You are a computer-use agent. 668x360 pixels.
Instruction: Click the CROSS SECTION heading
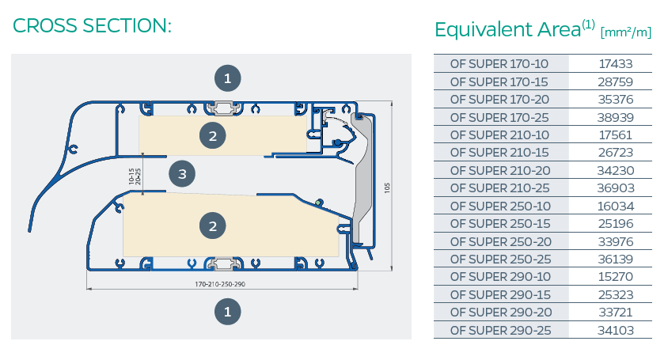[x=93, y=25]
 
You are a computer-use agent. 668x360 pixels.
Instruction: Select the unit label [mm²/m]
[x=626, y=32]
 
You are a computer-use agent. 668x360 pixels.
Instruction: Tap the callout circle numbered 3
[x=182, y=173]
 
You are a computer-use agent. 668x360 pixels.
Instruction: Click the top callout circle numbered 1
[x=227, y=78]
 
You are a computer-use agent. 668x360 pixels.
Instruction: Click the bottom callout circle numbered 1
[x=227, y=312]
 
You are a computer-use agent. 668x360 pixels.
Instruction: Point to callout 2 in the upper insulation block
[x=212, y=136]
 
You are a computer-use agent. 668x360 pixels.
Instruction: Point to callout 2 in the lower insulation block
[x=212, y=226]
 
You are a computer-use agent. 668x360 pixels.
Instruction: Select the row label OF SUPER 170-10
[x=499, y=63]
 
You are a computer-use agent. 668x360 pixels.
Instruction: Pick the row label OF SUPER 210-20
[x=499, y=170]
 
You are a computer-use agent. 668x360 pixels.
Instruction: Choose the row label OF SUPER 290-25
[x=499, y=329]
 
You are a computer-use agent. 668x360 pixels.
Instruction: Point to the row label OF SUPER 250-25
[x=499, y=258]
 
